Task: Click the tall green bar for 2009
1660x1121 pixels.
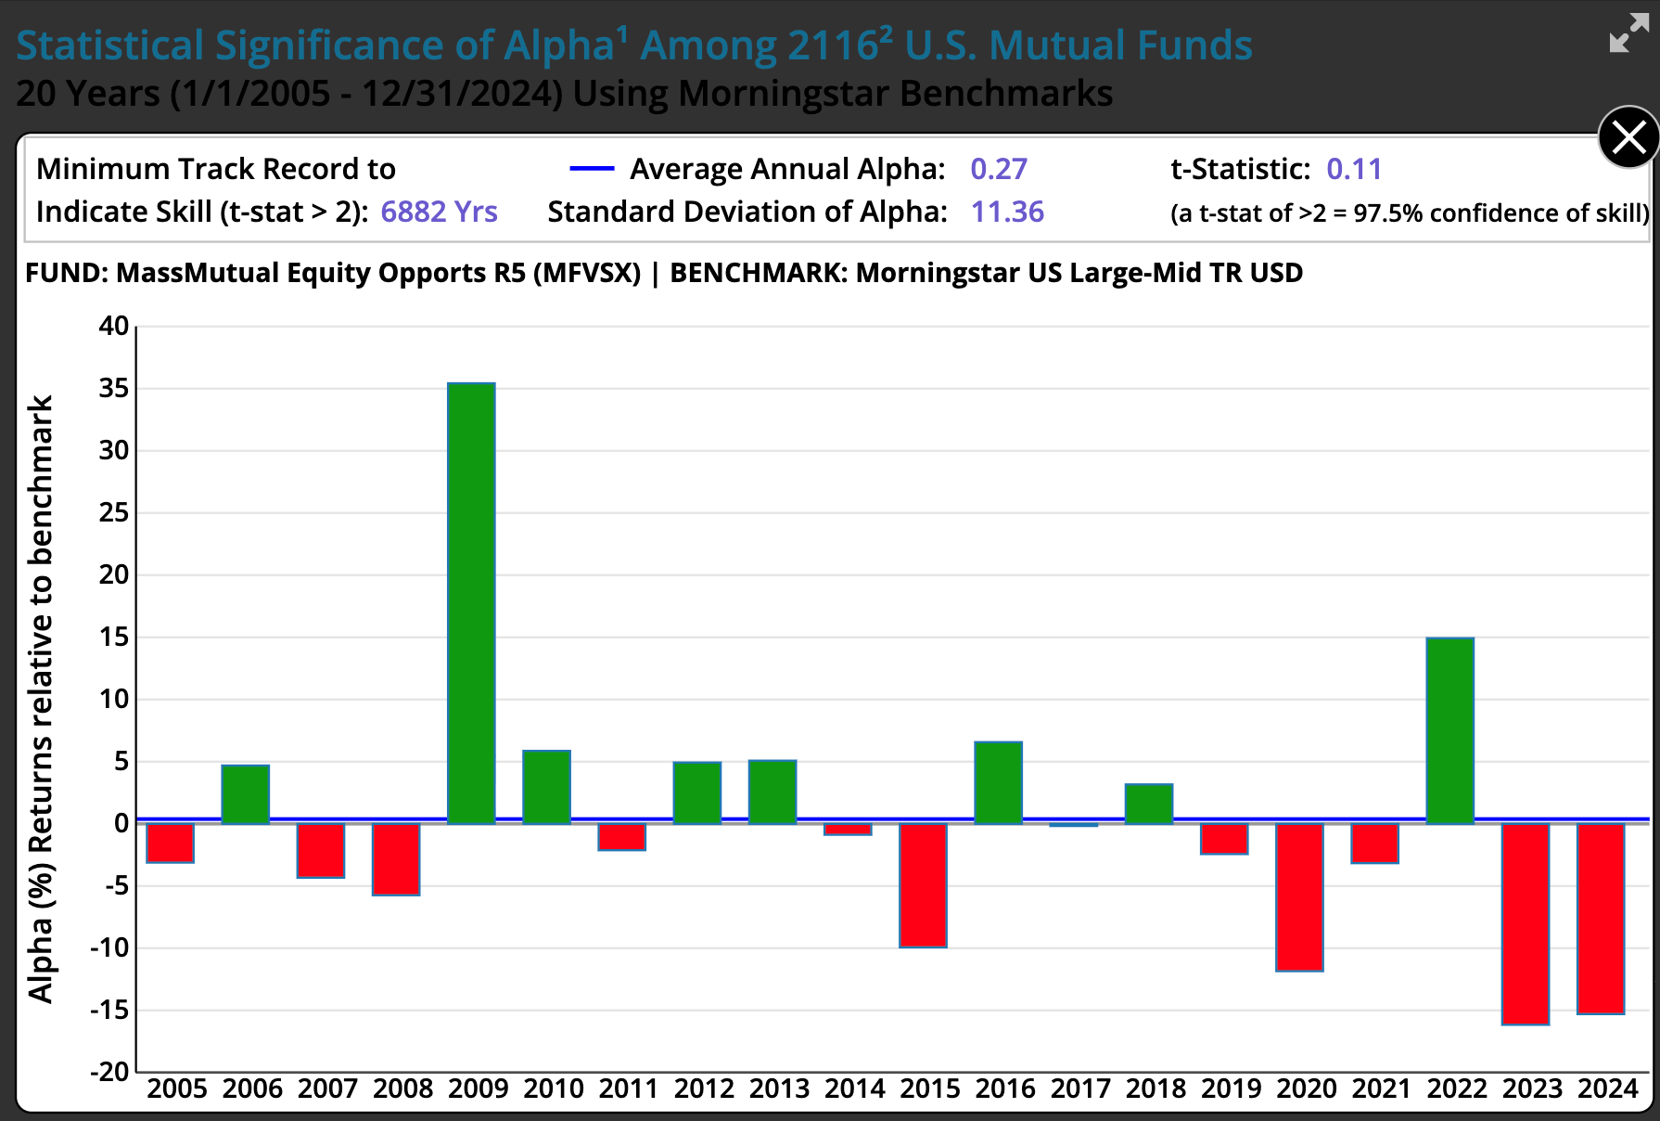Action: pos(471,603)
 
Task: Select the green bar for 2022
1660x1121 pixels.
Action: pos(1449,730)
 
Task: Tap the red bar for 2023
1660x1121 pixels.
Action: pos(1526,924)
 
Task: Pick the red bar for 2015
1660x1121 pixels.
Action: pos(923,885)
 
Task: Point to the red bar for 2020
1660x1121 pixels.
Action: pos(1299,897)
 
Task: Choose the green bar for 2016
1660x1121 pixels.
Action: pos(998,782)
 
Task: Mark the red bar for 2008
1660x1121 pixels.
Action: pos(396,859)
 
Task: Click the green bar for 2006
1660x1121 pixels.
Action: pos(246,794)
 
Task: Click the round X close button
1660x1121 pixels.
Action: pos(1628,138)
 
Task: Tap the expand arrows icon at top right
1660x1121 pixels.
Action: pos(1628,33)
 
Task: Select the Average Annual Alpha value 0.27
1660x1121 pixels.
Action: pos(998,169)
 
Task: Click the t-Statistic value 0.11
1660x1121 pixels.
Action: pos(1354,169)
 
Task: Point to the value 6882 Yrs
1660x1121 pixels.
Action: pos(439,213)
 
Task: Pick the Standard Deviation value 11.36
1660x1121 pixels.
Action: pos(1007,213)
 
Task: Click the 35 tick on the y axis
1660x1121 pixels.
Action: pos(114,388)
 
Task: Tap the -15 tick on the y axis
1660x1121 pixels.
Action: pos(109,1010)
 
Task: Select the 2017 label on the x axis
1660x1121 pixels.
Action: pos(1080,1089)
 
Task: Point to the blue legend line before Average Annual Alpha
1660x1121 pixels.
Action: pos(592,169)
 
